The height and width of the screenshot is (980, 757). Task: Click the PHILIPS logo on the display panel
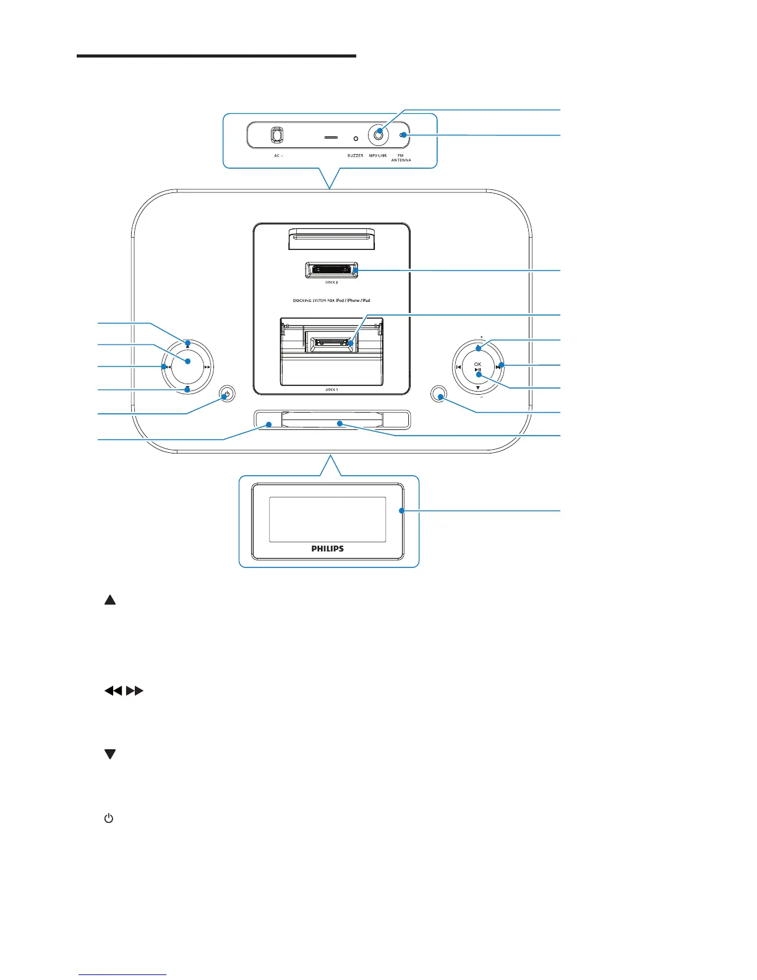tap(327, 549)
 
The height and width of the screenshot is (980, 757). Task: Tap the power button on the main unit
tap(228, 395)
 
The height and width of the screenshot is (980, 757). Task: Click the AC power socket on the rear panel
tap(277, 135)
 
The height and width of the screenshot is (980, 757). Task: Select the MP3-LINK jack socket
tap(378, 134)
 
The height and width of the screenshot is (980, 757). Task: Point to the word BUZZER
tap(355, 156)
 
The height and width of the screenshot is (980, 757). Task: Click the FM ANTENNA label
tap(401, 158)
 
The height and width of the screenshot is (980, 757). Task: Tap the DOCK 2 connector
tap(331, 270)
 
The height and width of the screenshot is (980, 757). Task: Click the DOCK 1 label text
tap(331, 390)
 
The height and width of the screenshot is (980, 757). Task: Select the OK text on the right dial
tap(477, 364)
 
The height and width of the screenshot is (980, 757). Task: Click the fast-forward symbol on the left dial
tap(207, 367)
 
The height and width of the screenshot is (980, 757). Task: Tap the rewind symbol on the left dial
tap(168, 367)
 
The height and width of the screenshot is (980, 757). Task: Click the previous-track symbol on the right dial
tap(458, 367)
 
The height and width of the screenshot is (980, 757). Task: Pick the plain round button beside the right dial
tap(439, 396)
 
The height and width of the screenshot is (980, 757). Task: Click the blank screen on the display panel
tap(327, 519)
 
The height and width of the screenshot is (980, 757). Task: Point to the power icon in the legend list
tap(109, 819)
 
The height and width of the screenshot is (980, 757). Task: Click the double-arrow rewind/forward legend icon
tap(124, 690)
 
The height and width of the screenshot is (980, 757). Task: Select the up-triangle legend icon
tap(110, 600)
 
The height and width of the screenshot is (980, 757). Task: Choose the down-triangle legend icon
tap(110, 754)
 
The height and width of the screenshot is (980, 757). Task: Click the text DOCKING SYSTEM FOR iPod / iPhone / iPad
tap(331, 301)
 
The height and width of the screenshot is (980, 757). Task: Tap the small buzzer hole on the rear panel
tap(356, 139)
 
